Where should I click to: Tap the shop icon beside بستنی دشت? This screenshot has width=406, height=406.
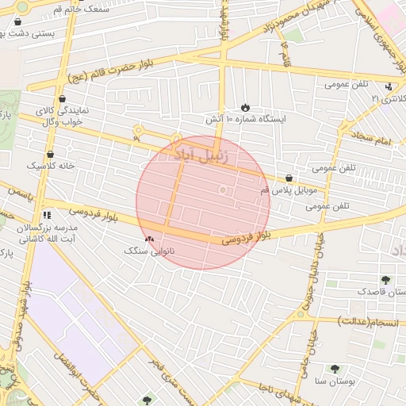17,33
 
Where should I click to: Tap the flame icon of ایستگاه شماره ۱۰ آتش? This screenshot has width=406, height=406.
246,107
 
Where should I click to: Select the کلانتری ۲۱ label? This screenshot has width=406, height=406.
387,99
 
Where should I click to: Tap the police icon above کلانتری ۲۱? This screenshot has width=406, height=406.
388,86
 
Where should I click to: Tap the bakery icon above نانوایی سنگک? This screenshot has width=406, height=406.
149,238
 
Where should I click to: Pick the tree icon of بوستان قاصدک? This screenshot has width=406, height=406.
385,280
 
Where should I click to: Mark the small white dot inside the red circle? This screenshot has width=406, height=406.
223,190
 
